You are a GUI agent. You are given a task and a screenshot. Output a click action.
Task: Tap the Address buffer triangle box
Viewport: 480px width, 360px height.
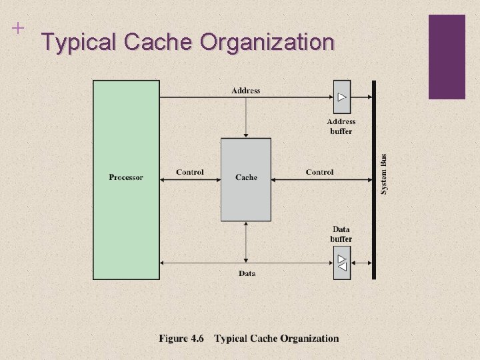(x=341, y=97)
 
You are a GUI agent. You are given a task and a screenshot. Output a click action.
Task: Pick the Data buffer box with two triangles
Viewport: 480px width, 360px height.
(x=341, y=263)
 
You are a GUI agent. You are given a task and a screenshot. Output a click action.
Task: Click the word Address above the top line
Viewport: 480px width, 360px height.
(x=246, y=91)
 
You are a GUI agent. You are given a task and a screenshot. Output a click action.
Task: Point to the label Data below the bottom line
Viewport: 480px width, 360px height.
(x=247, y=273)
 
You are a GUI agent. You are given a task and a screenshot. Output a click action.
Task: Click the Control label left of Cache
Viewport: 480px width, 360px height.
(x=190, y=172)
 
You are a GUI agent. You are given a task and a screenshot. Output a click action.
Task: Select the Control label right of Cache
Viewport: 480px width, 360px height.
(x=319, y=172)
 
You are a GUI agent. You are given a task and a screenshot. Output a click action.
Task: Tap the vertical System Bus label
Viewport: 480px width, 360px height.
(x=383, y=175)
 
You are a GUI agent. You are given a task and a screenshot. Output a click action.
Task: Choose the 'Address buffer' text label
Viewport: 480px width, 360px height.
(x=341, y=126)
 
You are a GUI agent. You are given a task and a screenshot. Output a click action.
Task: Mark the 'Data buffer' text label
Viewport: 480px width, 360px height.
(x=341, y=234)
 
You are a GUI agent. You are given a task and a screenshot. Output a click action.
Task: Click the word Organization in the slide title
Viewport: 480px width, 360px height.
(x=267, y=43)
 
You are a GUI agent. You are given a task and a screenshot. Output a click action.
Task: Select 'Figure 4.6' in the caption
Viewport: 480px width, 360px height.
(x=181, y=339)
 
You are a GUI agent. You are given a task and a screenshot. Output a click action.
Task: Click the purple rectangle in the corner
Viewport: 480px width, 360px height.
(x=447, y=57)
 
